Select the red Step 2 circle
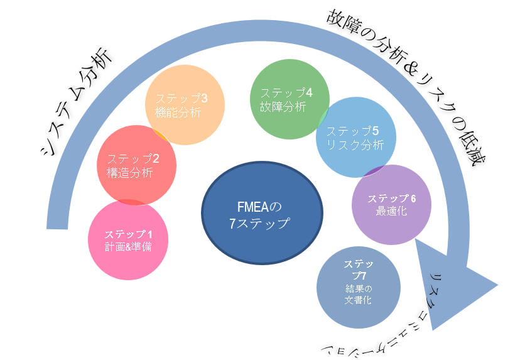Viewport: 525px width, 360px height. click(136, 165)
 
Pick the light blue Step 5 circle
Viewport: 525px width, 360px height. click(356, 138)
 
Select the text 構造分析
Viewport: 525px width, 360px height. click(129, 173)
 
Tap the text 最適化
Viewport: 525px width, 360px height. click(391, 212)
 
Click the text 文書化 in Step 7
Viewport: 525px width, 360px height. click(358, 300)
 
